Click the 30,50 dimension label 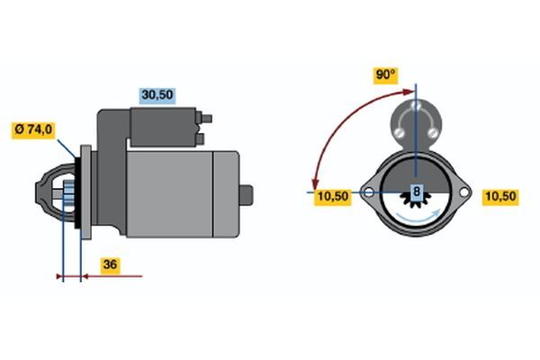coord(157,94)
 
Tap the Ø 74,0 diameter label coord(33,130)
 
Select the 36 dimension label coord(110,265)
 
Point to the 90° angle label coord(386,75)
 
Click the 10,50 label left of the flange coord(333,196)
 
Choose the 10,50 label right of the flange coord(500,196)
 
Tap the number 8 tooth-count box coord(417,191)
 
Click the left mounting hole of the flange coord(369,193)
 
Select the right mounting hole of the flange coord(463,193)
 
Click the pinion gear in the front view coord(417,199)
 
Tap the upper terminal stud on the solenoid coord(206,119)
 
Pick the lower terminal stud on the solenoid coord(200,139)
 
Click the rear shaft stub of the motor coord(247,195)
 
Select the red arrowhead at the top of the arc coord(409,92)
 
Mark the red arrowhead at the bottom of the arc coord(314,184)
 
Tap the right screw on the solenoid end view coord(433,132)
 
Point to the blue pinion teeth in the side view coord(69,194)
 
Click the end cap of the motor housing coord(226,194)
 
